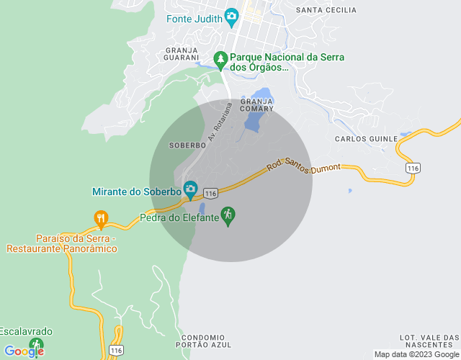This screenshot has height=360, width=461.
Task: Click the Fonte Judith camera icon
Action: (x=231, y=16)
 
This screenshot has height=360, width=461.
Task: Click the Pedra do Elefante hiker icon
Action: (x=228, y=215)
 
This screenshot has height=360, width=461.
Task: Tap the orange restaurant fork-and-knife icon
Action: (x=101, y=217)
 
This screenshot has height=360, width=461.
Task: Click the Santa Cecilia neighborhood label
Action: (x=326, y=10)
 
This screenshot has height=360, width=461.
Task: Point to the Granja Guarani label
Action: (x=181, y=53)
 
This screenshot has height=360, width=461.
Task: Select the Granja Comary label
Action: (x=257, y=105)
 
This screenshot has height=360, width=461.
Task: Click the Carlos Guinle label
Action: (x=367, y=138)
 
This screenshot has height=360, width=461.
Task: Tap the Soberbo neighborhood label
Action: (x=187, y=145)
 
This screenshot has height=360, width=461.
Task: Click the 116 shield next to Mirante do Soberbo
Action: (x=210, y=194)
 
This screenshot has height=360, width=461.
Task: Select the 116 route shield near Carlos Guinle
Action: (x=412, y=168)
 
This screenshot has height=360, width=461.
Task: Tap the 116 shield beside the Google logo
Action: (x=116, y=350)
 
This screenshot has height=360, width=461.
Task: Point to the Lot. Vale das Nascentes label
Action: (x=429, y=341)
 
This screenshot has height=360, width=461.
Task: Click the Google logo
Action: (x=24, y=351)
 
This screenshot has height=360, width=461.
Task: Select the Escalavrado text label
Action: (x=26, y=331)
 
